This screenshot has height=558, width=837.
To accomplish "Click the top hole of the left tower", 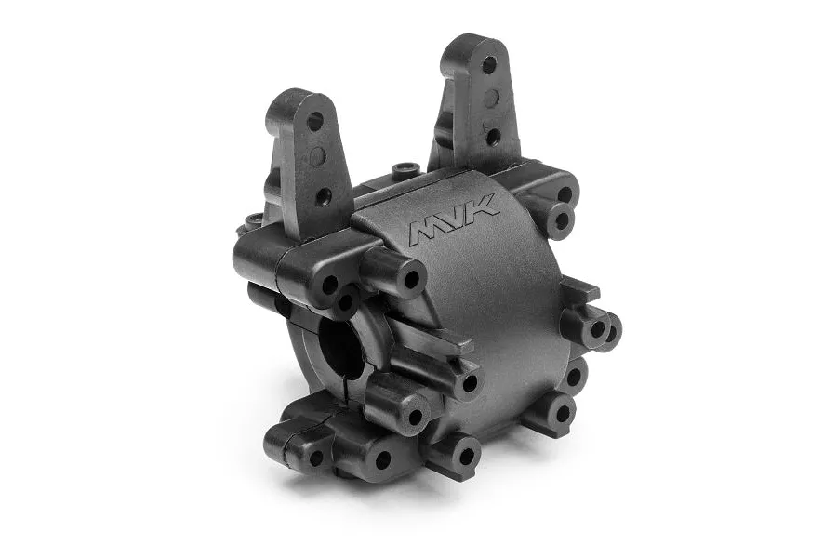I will point(314,121).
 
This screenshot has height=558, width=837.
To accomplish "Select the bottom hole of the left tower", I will point(322,196).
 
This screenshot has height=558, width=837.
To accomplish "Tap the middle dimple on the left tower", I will point(319,159).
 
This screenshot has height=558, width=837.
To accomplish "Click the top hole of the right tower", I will point(488,65).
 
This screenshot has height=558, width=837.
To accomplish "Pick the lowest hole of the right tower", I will point(492,136).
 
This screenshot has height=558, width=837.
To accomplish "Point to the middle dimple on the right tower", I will point(490,100).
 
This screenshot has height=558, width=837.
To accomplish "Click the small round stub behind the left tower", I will point(250,222).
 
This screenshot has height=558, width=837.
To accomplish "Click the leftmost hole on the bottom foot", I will point(315,457).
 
